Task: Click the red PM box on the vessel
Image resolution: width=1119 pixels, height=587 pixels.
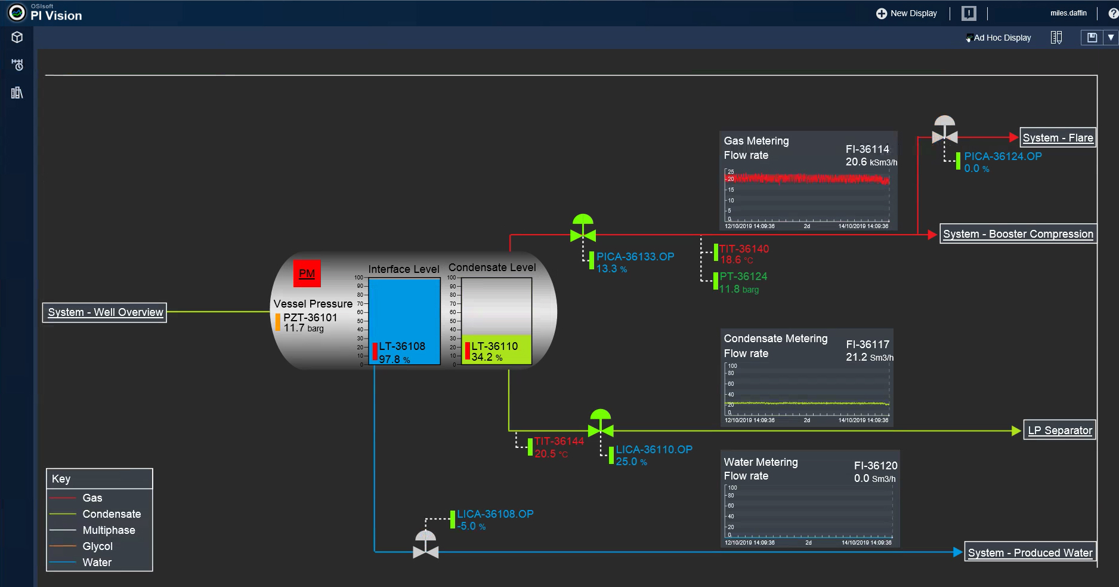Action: pos(307,273)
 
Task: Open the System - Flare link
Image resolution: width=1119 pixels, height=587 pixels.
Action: pos(1058,138)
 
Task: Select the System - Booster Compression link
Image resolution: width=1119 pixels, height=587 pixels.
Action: pos(1018,234)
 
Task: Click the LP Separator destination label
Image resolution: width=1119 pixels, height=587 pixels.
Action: pos(1059,431)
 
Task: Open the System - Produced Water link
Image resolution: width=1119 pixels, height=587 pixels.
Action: pos(1030,553)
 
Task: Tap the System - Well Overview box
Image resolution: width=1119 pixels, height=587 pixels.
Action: pos(105,312)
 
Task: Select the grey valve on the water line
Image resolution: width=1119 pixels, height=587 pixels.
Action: pos(425,546)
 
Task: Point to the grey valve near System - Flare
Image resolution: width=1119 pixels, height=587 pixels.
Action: pos(944,131)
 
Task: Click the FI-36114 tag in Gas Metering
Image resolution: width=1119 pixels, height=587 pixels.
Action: pos(867,149)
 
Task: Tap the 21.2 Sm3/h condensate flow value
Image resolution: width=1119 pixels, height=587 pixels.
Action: pos(869,357)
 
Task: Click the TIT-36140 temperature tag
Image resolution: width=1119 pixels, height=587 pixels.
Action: pos(744,249)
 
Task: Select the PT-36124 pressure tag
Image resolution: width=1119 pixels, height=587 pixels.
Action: pos(743,276)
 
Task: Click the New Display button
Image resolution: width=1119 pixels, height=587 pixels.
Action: pos(907,13)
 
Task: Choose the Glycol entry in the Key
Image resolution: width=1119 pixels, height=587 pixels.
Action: pos(97,546)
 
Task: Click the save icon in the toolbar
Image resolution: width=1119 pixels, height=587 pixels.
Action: pos(1092,38)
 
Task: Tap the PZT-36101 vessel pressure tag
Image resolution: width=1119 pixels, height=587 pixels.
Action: pos(310,318)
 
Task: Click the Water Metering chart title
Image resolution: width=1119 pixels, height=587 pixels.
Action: pos(761,462)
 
